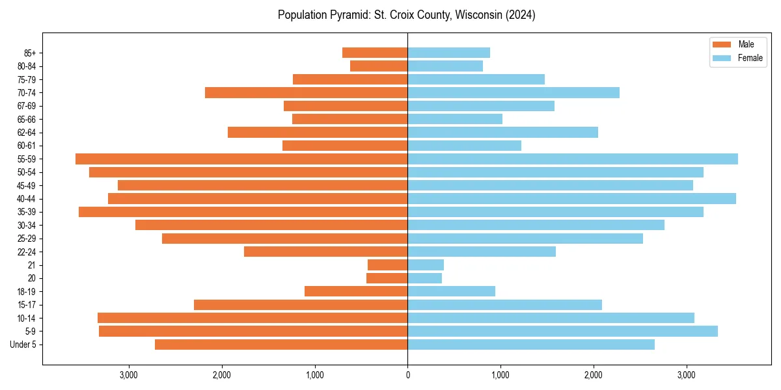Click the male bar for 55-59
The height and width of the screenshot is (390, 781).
coord(241,159)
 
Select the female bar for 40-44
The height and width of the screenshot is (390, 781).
coord(571,199)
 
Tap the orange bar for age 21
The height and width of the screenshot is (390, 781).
coord(388,265)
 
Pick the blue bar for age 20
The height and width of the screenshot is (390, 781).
coord(424,278)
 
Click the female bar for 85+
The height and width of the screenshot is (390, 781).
coord(448,53)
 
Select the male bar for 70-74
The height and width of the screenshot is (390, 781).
coord(306,93)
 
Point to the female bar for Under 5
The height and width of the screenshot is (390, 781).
coord(531,344)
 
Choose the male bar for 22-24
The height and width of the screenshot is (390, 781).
coord(325,252)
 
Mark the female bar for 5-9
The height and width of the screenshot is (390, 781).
coord(562,331)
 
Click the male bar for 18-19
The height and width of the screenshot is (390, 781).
coord(356,291)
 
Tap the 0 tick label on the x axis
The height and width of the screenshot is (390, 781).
coord(407,375)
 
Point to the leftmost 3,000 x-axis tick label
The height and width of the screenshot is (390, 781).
coord(129,375)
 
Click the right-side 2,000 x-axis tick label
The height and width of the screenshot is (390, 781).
coord(593,375)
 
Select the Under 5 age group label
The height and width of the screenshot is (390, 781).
coord(23,344)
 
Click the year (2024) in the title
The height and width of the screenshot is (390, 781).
coord(521,15)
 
